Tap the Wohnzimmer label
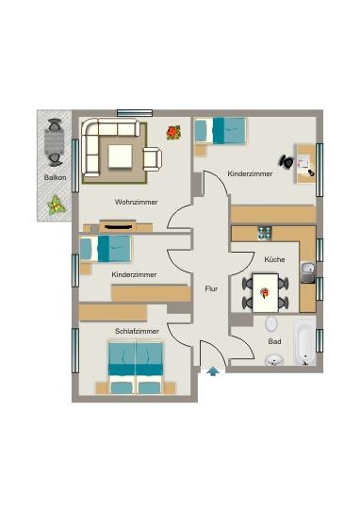tap(136, 202)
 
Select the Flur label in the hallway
tap(211, 289)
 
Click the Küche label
tap(274, 258)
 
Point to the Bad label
tap(274, 341)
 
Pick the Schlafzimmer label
tap(136, 331)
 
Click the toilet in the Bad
tap(271, 323)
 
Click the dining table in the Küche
tap(266, 291)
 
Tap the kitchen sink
tap(306, 273)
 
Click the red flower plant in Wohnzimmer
tap(173, 134)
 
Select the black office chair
tap(286, 162)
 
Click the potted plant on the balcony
tap(57, 204)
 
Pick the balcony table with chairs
tap(55, 140)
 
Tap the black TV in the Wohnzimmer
tap(119, 225)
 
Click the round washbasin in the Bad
tap(275, 359)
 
